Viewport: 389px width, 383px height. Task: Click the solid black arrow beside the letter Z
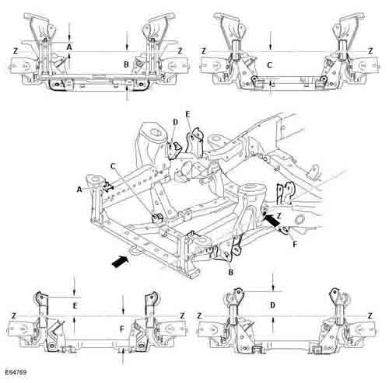coord(271,219)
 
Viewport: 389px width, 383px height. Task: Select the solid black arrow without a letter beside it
coord(121,260)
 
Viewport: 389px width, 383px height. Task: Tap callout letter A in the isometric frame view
coord(79,190)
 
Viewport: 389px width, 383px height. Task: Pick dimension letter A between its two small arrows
coord(69,47)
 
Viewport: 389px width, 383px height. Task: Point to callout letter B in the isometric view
coord(230,272)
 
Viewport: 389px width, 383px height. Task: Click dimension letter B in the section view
coord(126,64)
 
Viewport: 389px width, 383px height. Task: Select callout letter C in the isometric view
coord(113,165)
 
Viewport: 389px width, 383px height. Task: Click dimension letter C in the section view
coord(270,64)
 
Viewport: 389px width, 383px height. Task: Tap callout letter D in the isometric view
coord(175,122)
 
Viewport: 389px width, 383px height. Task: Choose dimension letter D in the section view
coord(272,305)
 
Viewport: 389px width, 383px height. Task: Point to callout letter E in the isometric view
coord(188,114)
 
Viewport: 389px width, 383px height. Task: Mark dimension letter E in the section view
coord(75,306)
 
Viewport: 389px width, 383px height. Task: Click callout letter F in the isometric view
coord(295,244)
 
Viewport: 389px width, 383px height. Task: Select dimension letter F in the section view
coord(122,329)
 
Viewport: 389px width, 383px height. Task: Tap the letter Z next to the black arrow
coord(279,214)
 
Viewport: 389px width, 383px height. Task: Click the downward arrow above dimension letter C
coord(270,40)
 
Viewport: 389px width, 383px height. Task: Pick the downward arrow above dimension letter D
coord(273,282)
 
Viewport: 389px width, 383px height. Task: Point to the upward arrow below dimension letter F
coord(123,357)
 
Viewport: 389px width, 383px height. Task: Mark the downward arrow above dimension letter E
coord(74,286)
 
